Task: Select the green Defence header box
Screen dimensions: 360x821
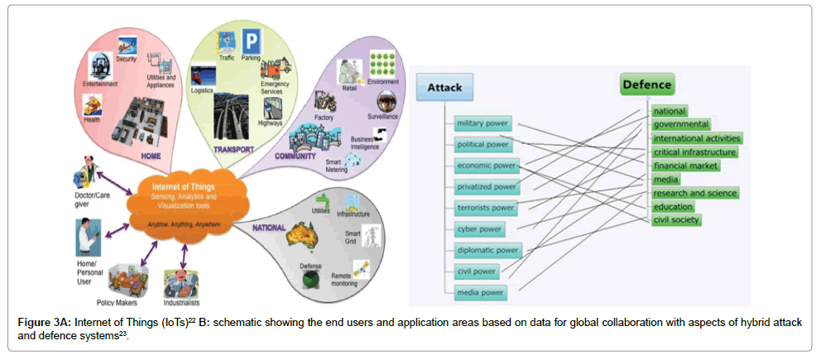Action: [x=647, y=84]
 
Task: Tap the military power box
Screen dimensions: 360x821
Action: [x=483, y=124]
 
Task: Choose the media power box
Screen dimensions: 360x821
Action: [x=482, y=291]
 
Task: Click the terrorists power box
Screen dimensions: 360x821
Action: [x=486, y=208]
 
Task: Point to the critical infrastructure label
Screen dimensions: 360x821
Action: [x=694, y=152]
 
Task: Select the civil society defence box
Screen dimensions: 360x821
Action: [x=676, y=220]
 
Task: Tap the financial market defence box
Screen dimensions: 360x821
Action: [x=686, y=166]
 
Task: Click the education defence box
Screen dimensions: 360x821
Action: [x=673, y=207]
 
